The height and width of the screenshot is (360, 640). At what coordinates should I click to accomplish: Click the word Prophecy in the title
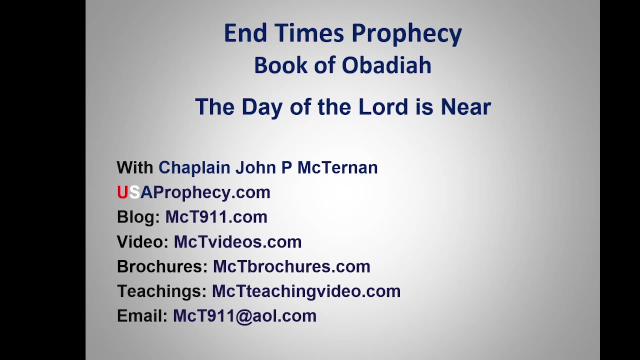tap(406, 33)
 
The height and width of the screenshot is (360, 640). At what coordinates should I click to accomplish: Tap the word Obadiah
tap(386, 65)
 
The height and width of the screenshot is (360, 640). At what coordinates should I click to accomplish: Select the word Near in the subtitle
tap(465, 106)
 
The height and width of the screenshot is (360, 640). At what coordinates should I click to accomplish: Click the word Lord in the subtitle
tap(383, 106)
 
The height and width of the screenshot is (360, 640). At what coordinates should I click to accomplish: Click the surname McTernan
tap(337, 167)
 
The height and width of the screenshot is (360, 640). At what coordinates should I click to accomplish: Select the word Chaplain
tap(194, 167)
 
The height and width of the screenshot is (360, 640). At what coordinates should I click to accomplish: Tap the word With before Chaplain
tap(135, 167)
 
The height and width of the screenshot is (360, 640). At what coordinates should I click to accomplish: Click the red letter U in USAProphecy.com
tap(122, 192)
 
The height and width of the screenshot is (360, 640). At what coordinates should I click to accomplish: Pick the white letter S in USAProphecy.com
tap(134, 192)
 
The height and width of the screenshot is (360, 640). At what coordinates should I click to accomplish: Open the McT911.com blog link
tap(216, 217)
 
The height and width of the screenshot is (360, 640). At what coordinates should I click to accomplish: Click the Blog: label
tap(138, 217)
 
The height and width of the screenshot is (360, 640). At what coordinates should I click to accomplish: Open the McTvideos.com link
tap(237, 241)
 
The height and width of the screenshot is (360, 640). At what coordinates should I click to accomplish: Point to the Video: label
tap(142, 241)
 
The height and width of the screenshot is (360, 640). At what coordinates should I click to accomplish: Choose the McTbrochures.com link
tap(291, 266)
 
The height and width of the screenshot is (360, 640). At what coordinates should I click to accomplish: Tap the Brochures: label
tap(162, 266)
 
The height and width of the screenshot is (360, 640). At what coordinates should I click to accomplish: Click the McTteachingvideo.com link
tap(306, 291)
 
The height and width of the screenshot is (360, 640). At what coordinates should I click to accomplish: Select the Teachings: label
tap(161, 291)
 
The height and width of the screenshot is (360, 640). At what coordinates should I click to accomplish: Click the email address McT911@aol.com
tap(244, 316)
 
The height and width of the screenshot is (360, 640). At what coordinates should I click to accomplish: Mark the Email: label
tap(142, 315)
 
